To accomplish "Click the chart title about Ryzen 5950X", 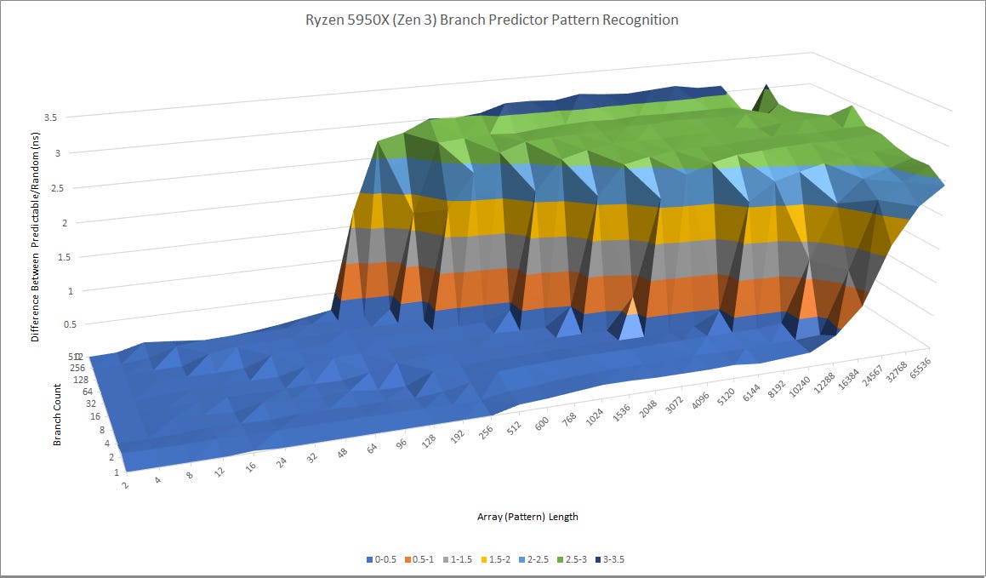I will click(x=493, y=20).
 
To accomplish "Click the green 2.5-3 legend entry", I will click(x=578, y=559).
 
